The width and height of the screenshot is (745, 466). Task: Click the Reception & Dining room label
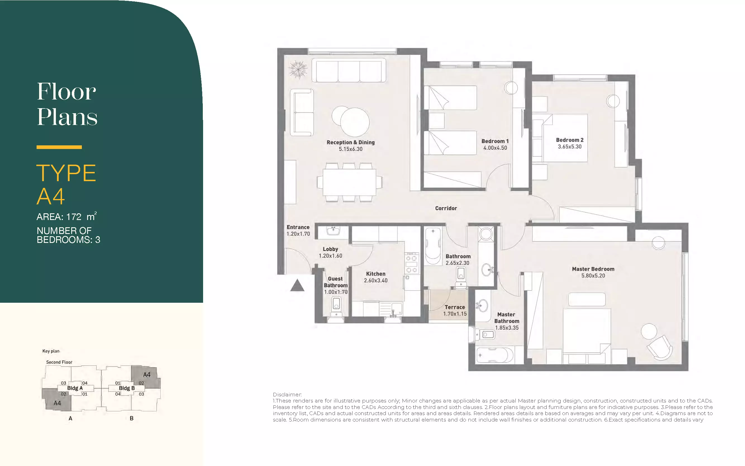pos(351,142)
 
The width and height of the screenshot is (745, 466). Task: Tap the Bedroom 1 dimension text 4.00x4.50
pos(495,148)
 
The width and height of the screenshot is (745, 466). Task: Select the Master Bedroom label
pos(593,269)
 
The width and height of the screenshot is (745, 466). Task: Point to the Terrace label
pos(455,307)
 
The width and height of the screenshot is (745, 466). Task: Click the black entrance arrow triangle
pos(297,286)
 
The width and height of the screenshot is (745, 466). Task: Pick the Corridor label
pos(446,208)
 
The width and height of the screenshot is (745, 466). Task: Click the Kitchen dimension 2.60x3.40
pos(376,280)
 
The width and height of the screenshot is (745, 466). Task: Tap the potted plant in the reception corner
pos(298,69)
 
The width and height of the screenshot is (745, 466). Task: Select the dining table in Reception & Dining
pos(349,182)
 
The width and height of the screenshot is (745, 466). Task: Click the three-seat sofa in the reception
pos(349,70)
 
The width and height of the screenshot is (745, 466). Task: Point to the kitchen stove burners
pos(412,264)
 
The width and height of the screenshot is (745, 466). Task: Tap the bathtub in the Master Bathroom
pos(495,355)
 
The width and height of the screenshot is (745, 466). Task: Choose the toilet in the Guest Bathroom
pos(336,307)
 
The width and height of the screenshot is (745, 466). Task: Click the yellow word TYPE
pos(66,173)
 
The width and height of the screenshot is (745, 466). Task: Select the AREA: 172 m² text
pos(66,216)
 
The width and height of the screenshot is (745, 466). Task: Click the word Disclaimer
pos(287,394)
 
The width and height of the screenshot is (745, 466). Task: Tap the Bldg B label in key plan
pos(127,388)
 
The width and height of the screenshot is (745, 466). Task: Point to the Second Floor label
pos(59,362)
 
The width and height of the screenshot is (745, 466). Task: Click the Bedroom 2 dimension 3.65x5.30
pos(570,147)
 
